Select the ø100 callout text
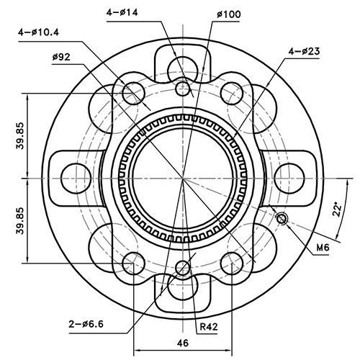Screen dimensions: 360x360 click(230, 14)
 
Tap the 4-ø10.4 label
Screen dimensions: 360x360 click(42, 32)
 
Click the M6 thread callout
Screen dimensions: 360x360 click(322, 248)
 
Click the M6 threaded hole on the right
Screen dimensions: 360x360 click(282, 218)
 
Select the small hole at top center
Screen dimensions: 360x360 click(184, 89)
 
